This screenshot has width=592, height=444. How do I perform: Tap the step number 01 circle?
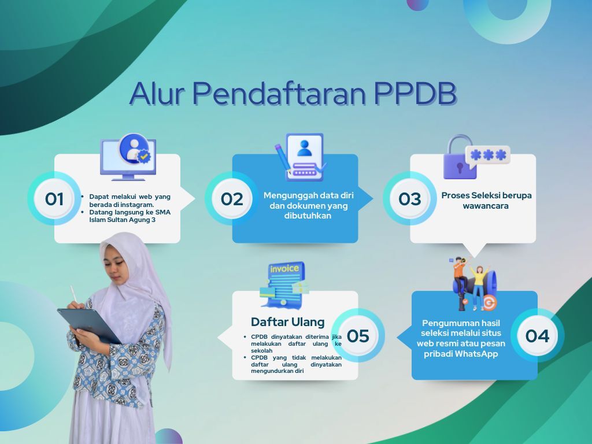[54, 199]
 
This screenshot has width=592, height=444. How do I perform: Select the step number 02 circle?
[232, 199]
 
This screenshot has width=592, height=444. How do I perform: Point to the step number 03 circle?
[410, 199]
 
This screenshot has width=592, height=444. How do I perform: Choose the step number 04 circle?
[537, 336]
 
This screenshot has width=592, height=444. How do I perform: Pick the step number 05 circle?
[358, 336]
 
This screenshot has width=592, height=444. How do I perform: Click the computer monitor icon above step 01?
[128, 157]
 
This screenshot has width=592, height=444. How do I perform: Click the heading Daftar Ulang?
[288, 322]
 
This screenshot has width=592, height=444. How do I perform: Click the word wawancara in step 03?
[486, 206]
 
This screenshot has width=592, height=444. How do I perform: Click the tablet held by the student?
[88, 325]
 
